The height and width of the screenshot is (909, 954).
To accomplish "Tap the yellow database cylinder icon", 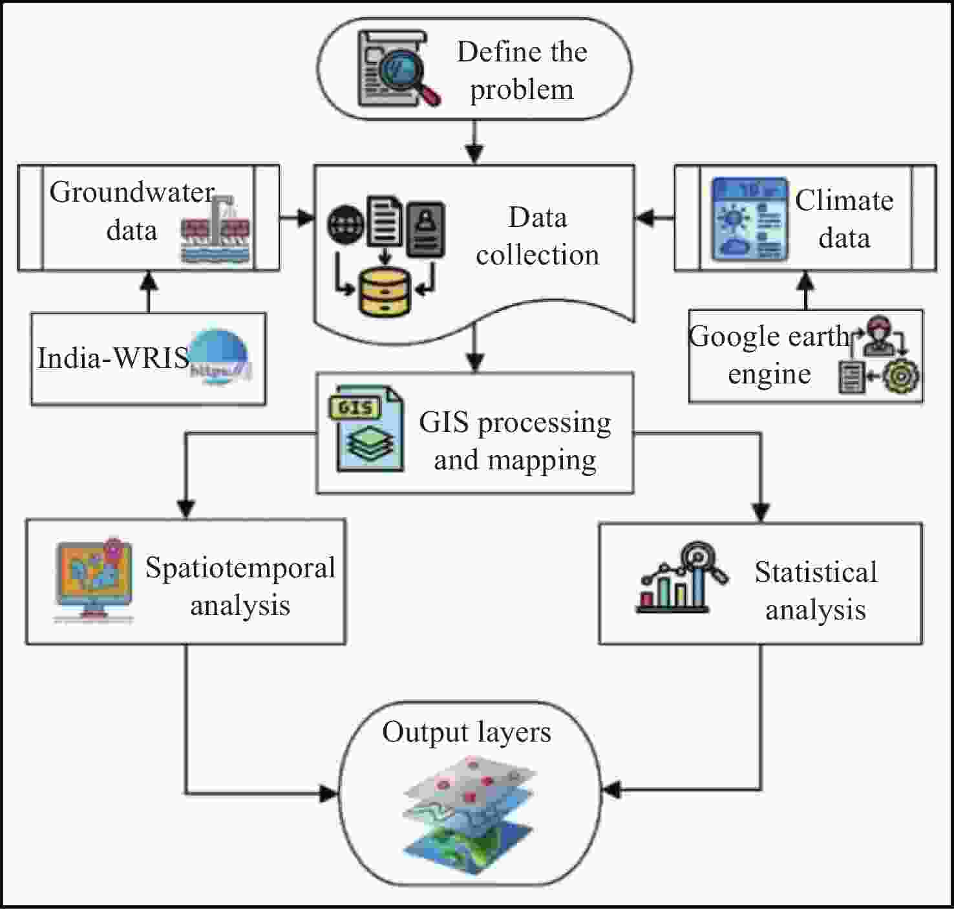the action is click(x=385, y=292).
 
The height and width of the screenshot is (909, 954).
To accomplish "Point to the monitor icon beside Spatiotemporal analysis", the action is click(x=94, y=580).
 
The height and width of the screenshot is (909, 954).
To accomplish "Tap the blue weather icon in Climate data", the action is click(x=750, y=219).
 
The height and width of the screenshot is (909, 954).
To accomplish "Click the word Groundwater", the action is click(x=132, y=192).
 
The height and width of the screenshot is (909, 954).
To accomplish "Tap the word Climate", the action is click(x=844, y=200).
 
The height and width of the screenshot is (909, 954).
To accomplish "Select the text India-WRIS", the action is click(x=113, y=358).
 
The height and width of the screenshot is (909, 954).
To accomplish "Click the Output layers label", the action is click(x=466, y=733).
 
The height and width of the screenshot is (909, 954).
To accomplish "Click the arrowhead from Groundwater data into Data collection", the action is click(x=306, y=217).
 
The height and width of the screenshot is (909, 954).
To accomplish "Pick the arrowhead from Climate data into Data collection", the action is click(x=644, y=217).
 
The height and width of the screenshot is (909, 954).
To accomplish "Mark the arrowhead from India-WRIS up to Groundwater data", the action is click(x=149, y=280).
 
